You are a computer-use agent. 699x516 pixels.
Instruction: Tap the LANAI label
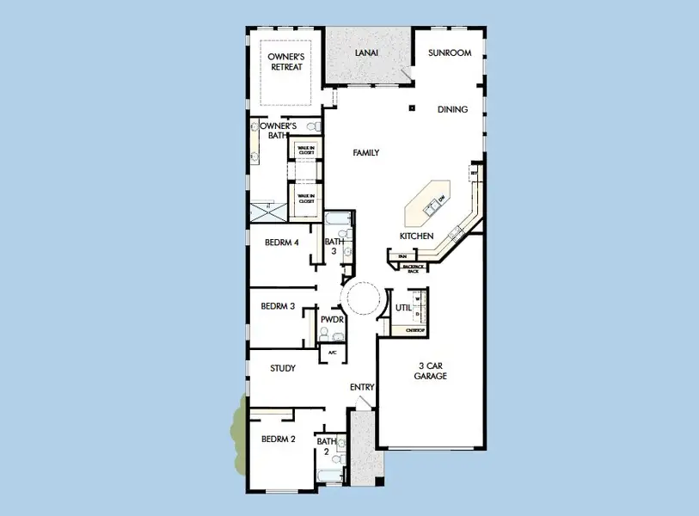(x=367, y=53)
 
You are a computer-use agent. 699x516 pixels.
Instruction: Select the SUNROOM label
(x=450, y=53)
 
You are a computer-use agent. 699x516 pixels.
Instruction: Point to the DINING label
(x=452, y=109)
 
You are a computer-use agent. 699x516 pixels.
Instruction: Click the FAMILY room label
(x=366, y=153)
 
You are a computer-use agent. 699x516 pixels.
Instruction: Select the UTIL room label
(x=403, y=307)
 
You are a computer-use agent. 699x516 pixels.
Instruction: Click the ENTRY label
(x=362, y=387)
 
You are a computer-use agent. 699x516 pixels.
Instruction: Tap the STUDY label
(x=283, y=368)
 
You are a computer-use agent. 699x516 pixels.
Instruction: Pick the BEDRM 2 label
(x=279, y=439)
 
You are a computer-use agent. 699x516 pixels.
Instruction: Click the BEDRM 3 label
(x=279, y=305)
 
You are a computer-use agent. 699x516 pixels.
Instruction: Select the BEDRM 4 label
(x=281, y=243)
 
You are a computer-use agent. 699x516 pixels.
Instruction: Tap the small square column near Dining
(x=413, y=107)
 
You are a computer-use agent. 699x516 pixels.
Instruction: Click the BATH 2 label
(x=326, y=445)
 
